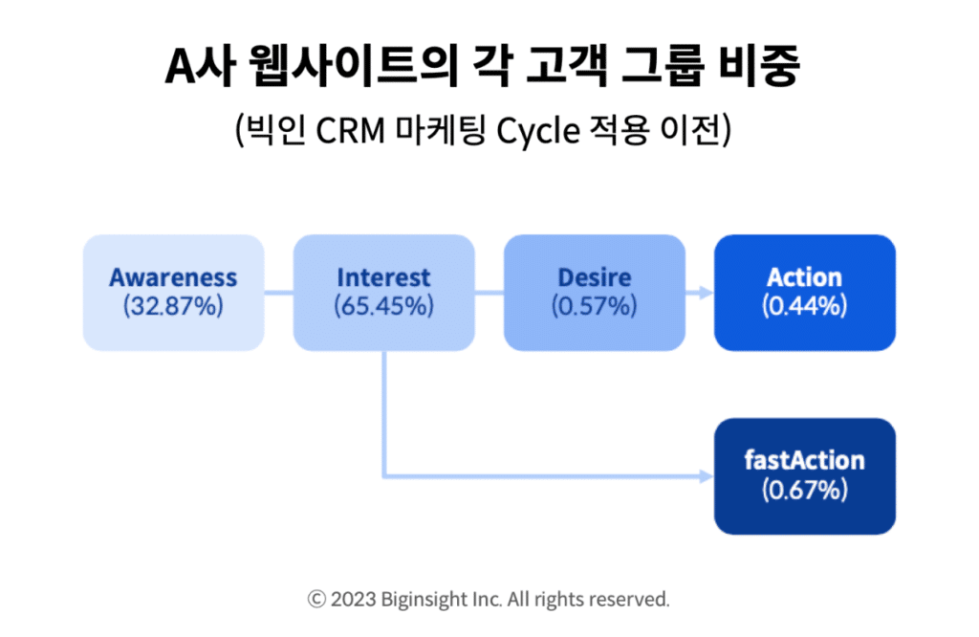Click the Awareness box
(x=174, y=293)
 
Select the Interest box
(x=384, y=293)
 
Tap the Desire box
(x=595, y=293)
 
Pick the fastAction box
(x=805, y=476)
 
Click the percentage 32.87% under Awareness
(x=173, y=307)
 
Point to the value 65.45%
(x=383, y=307)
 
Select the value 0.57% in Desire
(x=595, y=307)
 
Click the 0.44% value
(x=805, y=307)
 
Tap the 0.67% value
(x=805, y=491)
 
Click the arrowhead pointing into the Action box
(x=707, y=293)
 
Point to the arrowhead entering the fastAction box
(x=707, y=476)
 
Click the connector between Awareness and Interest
(x=279, y=293)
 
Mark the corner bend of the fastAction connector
(x=384, y=476)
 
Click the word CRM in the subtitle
(x=350, y=131)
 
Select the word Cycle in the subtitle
(x=538, y=132)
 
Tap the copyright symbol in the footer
(x=316, y=600)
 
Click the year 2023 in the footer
(x=354, y=600)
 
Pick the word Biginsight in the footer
(x=424, y=600)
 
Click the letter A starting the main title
(x=181, y=66)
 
